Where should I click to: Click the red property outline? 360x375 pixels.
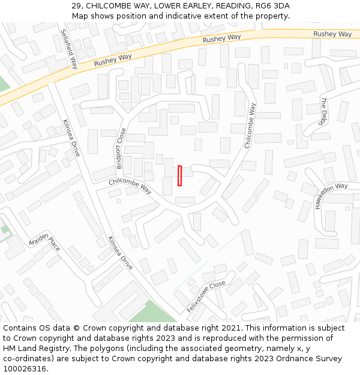click(x=179, y=176)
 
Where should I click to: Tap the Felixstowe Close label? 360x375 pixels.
click(x=206, y=296)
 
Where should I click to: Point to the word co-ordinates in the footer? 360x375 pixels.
click(x=26, y=359)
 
